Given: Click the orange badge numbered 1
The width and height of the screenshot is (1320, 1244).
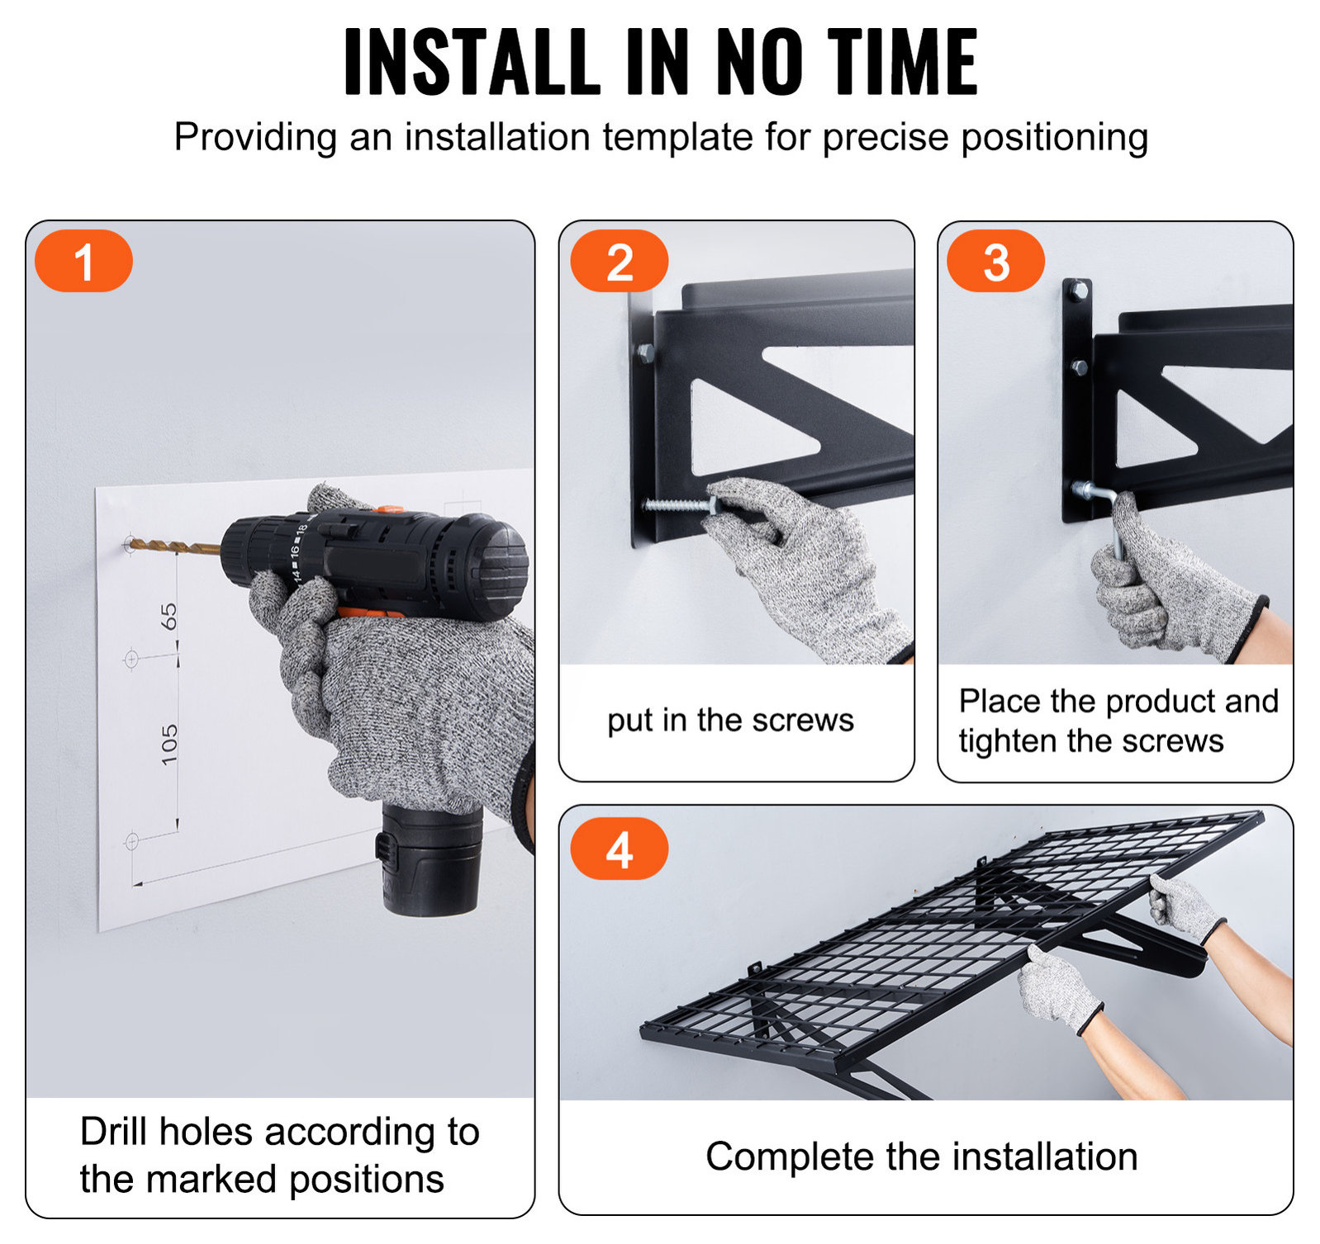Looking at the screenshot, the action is [83, 261].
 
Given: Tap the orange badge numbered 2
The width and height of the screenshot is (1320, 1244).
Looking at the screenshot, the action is [620, 261].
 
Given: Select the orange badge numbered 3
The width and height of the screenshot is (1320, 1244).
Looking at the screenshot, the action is [995, 261].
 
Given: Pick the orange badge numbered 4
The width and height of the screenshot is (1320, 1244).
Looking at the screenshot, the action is [620, 849].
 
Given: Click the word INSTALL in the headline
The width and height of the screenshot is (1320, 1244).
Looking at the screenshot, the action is [472, 62].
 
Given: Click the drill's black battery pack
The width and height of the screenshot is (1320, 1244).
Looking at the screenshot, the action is [430, 859].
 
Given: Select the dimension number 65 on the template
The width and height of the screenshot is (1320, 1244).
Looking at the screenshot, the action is [169, 616].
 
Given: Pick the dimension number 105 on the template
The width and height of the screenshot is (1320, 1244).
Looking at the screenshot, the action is [169, 745].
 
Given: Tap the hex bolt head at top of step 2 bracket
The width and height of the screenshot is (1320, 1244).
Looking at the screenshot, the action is [645, 354].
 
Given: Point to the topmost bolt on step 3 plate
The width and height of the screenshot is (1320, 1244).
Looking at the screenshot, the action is [1078, 291].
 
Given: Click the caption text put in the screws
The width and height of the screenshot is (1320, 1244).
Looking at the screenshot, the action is [730, 721].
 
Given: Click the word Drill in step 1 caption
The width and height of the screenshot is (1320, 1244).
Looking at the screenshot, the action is [115, 1131].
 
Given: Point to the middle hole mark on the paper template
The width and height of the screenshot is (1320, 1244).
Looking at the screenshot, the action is [131, 660].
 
